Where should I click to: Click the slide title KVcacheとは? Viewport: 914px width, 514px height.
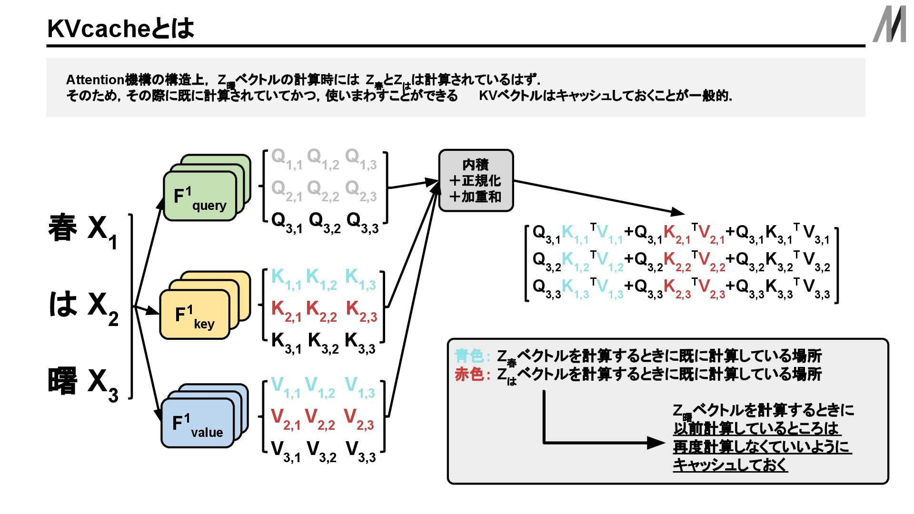tap(120, 29)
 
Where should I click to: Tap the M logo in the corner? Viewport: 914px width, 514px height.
tap(889, 24)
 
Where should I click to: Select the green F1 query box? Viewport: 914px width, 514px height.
tap(200, 196)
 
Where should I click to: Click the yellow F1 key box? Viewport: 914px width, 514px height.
tap(195, 315)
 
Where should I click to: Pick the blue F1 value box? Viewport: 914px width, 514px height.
tap(198, 423)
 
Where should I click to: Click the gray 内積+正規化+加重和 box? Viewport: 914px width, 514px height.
tap(476, 181)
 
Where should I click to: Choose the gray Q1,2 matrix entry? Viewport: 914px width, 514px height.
tap(323, 158)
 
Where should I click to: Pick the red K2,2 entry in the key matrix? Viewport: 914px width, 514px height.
tap(321, 311)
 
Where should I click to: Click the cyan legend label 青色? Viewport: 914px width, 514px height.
tap(469, 356)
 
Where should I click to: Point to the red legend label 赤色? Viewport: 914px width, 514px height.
tap(469, 375)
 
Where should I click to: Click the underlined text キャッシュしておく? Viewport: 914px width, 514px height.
tap(730, 465)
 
